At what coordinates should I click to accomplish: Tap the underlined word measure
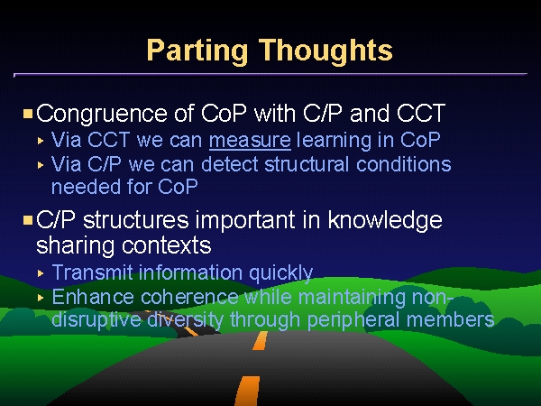[250, 140]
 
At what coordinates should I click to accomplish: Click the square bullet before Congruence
[28, 114]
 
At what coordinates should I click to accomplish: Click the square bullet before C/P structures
[28, 220]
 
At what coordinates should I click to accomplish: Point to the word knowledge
[385, 221]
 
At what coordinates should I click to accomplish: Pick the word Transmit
[93, 272]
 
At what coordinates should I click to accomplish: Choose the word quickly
[280, 273]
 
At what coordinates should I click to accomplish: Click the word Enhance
[93, 297]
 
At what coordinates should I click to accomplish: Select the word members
[451, 319]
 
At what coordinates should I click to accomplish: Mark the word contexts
[166, 245]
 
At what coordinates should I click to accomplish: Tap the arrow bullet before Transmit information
[41, 273]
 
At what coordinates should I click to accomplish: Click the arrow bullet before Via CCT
[41, 141]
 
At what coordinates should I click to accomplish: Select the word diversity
[185, 320]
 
